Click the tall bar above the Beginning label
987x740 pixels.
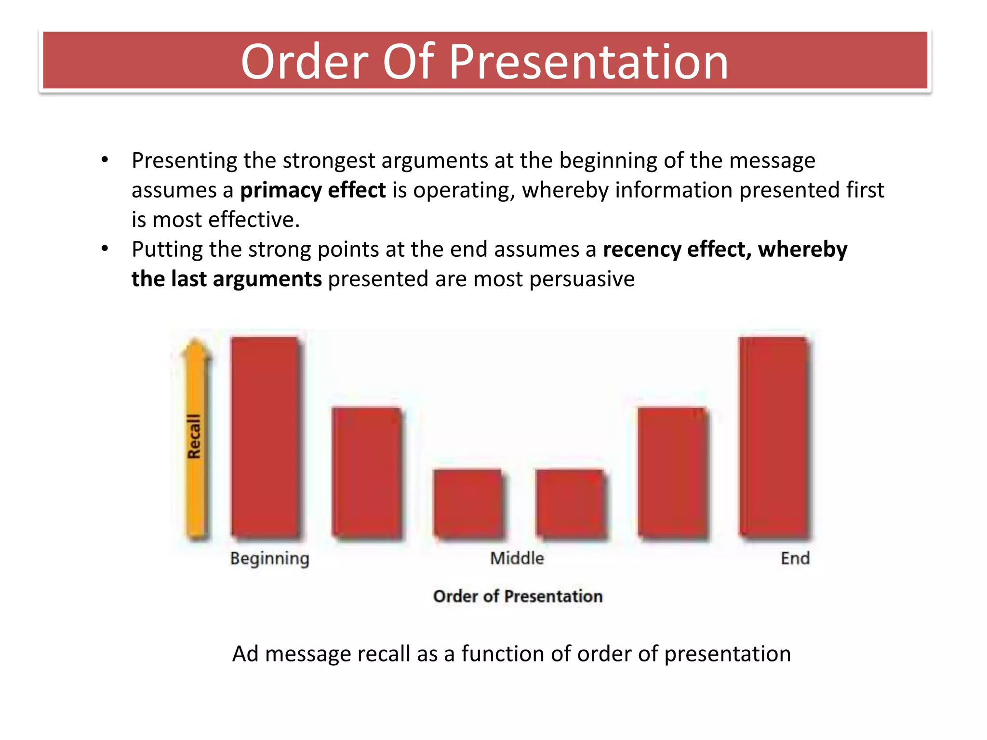[x=265, y=436]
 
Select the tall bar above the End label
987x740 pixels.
[x=774, y=436]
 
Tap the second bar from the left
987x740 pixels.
[x=367, y=472]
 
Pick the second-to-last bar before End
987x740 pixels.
[x=672, y=472]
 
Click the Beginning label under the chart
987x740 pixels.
[x=269, y=558]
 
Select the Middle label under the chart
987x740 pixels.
[x=517, y=558]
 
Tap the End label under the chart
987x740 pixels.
[x=795, y=558]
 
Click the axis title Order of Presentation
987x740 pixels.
[x=518, y=596]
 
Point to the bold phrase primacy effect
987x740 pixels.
[x=313, y=190]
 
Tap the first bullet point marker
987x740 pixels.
[x=105, y=160]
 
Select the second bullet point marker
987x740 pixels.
[x=105, y=249]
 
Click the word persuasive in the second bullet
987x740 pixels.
[x=582, y=279]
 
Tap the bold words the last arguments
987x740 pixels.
[x=227, y=279]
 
